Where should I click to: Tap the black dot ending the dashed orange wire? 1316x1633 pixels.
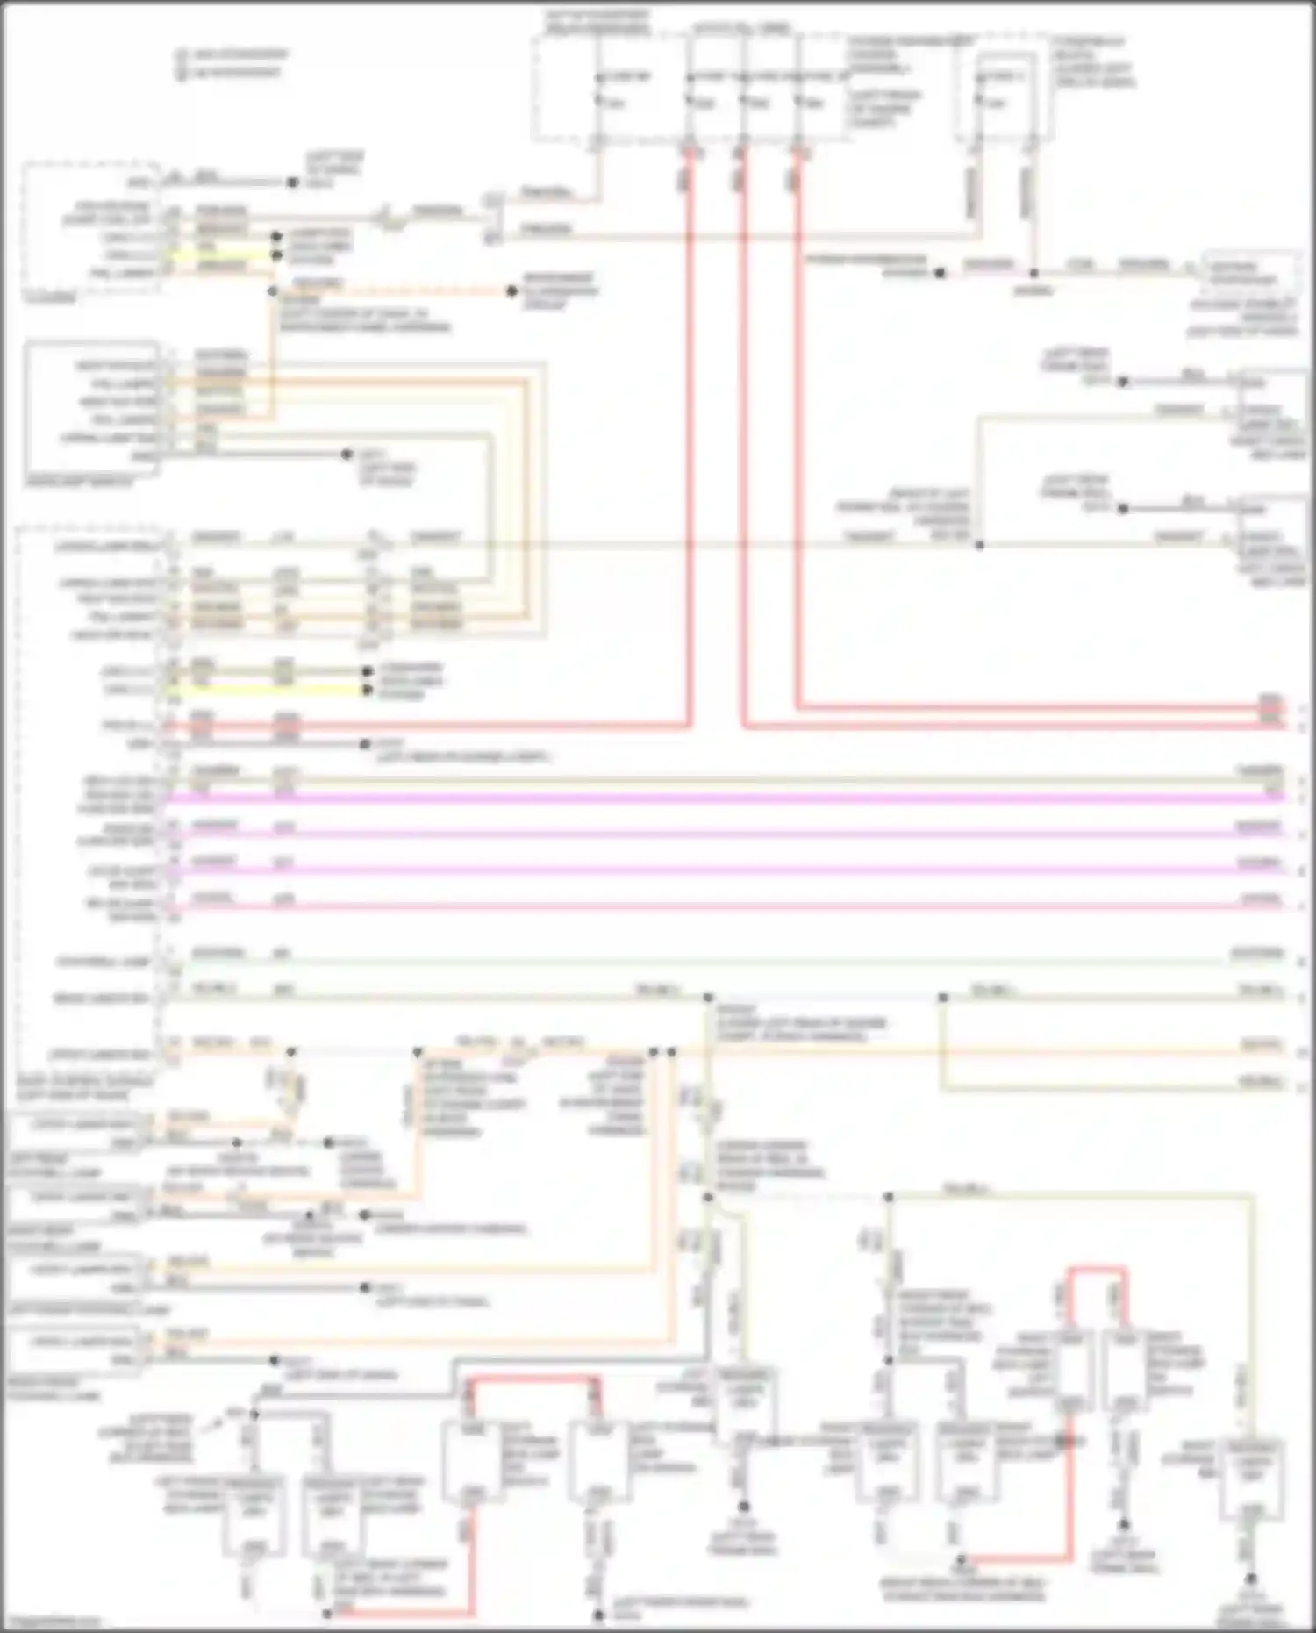point(511,290)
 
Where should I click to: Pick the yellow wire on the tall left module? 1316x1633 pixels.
point(263,690)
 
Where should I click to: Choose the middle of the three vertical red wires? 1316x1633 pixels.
point(743,439)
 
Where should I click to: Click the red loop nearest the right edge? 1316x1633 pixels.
point(1097,1269)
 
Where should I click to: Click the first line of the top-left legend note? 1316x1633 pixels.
point(232,54)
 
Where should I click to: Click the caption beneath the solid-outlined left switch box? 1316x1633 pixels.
point(79,482)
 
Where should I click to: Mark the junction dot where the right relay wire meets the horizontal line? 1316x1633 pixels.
point(1033,273)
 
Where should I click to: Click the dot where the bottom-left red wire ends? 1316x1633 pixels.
point(326,1613)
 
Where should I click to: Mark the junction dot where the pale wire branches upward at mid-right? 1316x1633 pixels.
point(979,545)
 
